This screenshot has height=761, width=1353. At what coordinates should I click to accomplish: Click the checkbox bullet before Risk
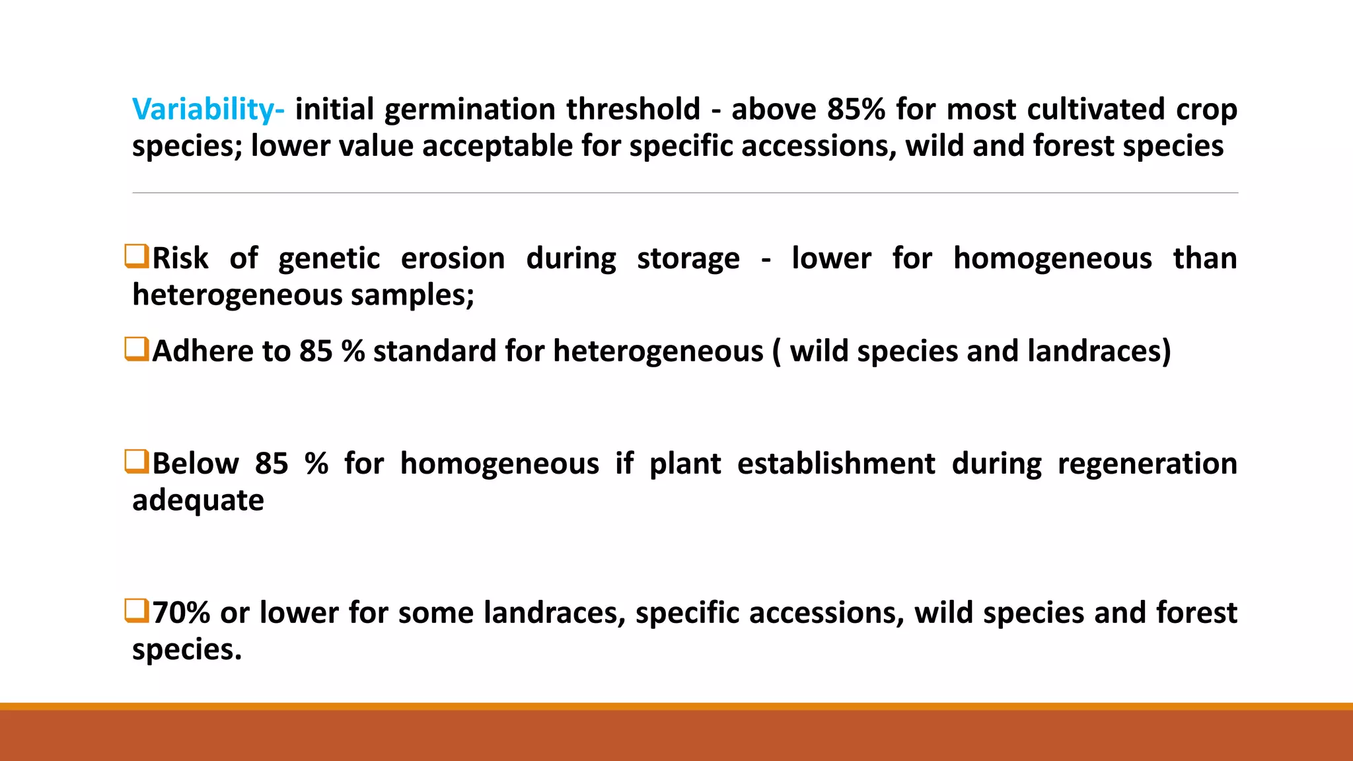coord(137,256)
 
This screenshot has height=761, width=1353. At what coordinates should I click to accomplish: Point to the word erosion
coord(453,258)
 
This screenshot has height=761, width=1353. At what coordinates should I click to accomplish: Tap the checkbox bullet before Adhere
coord(137,349)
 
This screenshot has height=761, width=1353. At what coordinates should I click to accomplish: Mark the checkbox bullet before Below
coord(137,462)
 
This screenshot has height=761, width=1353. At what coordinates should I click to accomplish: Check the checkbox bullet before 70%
coord(137,610)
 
